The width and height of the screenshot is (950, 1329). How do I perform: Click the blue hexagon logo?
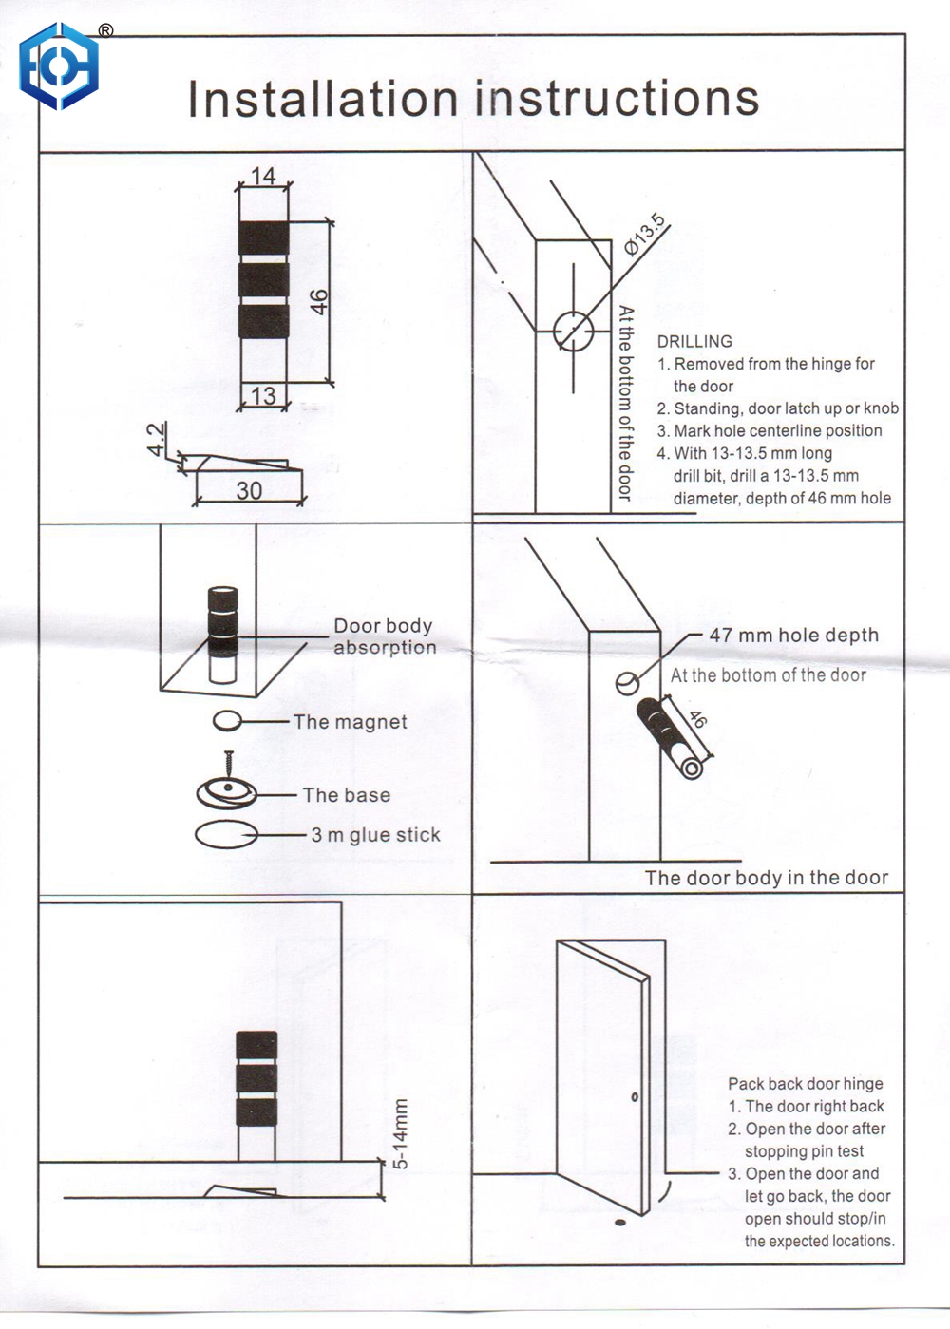pyautogui.click(x=59, y=67)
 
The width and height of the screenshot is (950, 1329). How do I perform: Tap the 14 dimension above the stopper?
pyautogui.click(x=263, y=176)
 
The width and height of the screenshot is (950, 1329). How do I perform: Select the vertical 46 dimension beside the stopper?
pyautogui.click(x=319, y=302)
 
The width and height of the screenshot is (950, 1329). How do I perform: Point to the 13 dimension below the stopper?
pyautogui.click(x=263, y=395)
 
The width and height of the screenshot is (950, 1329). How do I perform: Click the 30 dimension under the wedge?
pyautogui.click(x=249, y=490)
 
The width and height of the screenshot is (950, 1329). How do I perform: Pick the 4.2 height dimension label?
pyautogui.click(x=157, y=439)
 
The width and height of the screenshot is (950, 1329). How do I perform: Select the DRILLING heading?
pyautogui.click(x=694, y=342)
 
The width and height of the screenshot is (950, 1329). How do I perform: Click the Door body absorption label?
pyautogui.click(x=384, y=636)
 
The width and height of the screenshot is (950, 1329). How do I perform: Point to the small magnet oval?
pyautogui.click(x=226, y=722)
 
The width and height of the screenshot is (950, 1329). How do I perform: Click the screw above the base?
pyautogui.click(x=229, y=765)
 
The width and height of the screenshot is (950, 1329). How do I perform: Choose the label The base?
pyautogui.click(x=346, y=795)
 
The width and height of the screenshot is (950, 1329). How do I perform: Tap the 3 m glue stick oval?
pyautogui.click(x=225, y=835)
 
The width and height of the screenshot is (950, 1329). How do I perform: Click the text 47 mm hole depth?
pyautogui.click(x=793, y=636)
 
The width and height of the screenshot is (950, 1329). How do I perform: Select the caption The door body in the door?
pyautogui.click(x=766, y=878)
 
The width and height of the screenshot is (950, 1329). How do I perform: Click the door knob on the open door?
pyautogui.click(x=635, y=1097)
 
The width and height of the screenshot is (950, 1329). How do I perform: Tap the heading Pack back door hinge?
pyautogui.click(x=805, y=1084)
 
